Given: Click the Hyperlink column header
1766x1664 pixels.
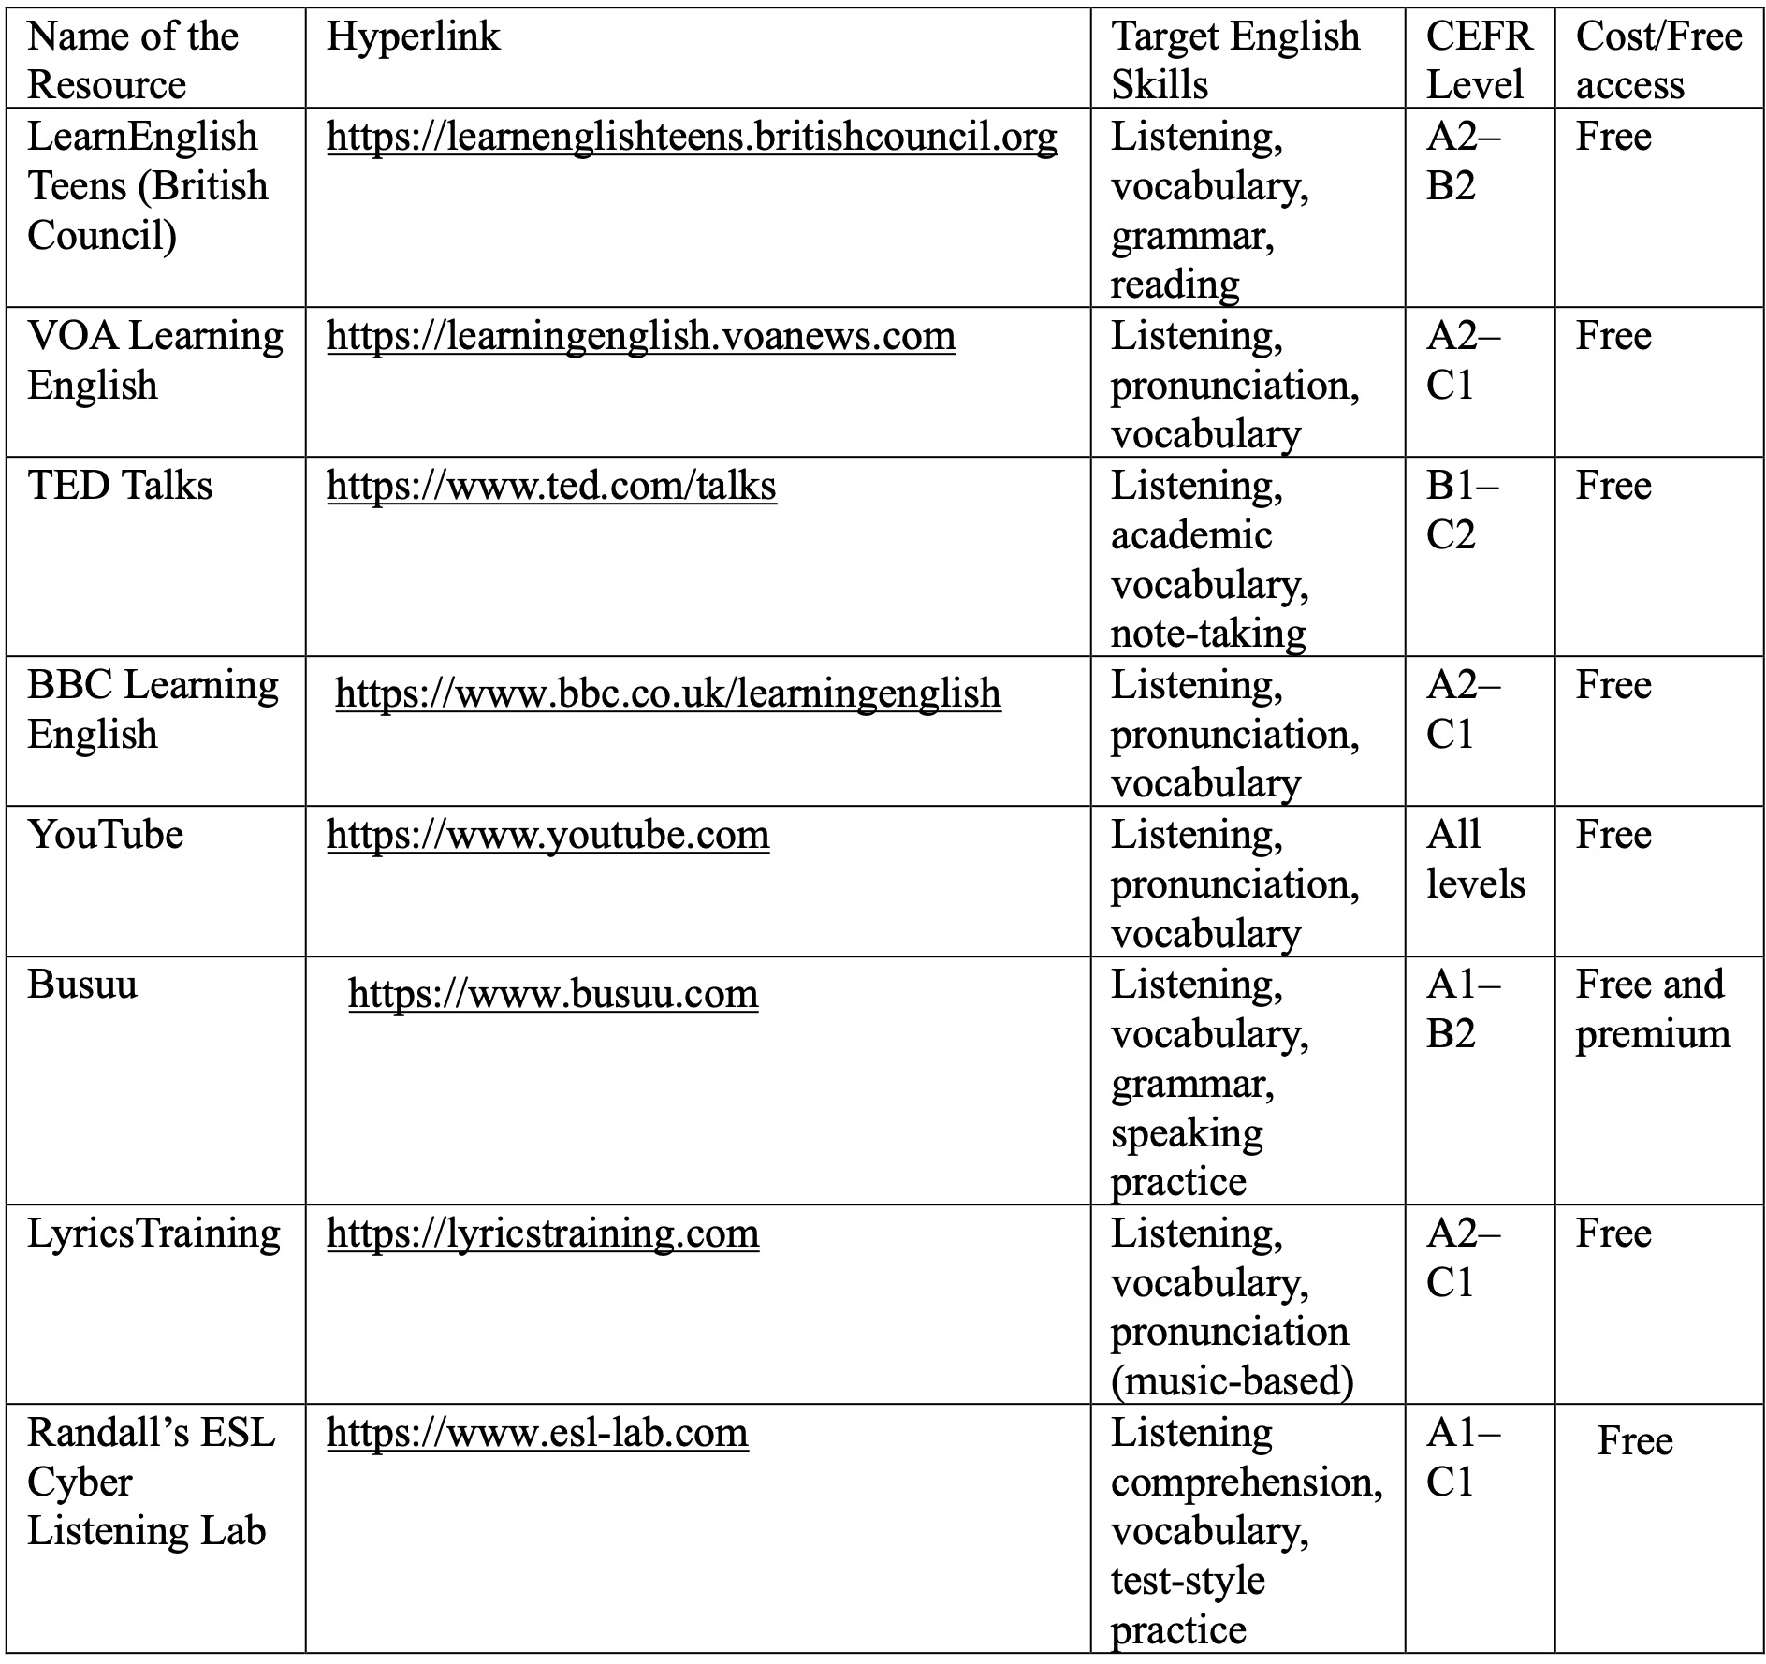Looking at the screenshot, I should tap(413, 37).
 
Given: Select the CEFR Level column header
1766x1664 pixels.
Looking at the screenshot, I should tap(1478, 61).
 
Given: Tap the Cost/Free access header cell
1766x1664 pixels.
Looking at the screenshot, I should tap(1657, 61).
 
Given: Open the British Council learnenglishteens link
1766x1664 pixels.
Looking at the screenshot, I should tap(692, 138).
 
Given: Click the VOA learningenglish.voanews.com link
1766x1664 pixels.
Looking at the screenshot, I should tap(641, 337).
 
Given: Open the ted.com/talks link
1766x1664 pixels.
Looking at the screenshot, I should tap(551, 487).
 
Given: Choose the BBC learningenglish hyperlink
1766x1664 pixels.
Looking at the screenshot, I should tap(667, 694).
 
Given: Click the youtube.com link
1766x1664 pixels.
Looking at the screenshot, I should tap(547, 835).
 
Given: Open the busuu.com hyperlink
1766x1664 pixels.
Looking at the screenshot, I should tap(553, 994).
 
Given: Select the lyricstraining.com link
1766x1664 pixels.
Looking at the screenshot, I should tap(543, 1233).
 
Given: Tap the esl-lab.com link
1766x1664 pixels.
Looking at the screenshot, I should tap(537, 1434).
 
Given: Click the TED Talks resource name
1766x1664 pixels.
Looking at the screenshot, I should tap(120, 487).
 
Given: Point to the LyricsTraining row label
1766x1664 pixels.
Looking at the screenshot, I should tap(153, 1233).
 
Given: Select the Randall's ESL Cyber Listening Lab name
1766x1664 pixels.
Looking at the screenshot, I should tap(150, 1482).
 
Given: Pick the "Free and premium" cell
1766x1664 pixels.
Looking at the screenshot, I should tap(1652, 1009).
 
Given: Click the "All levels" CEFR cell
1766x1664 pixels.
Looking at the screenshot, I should tap(1475, 859).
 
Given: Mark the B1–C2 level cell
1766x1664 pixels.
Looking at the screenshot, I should tap(1461, 510).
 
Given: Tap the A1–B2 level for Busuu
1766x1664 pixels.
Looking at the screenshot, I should tap(1461, 1009).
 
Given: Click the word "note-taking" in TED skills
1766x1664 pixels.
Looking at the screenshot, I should tap(1207, 635).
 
